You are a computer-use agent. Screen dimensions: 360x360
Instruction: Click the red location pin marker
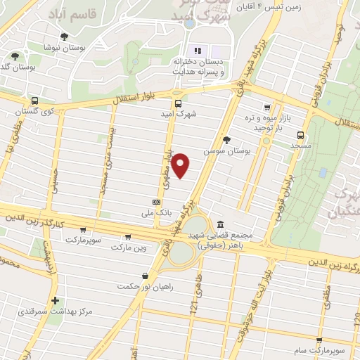[181, 165]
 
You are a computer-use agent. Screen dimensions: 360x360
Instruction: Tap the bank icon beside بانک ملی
[156, 202]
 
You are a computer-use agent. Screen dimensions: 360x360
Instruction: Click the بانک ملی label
[157, 212]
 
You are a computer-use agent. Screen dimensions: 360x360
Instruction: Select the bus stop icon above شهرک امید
[177, 102]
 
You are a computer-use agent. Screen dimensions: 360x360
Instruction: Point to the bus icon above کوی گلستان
[34, 101]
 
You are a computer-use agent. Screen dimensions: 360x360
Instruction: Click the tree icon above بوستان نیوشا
[65, 37]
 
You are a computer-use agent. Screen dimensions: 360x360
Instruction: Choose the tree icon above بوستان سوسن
[226, 140]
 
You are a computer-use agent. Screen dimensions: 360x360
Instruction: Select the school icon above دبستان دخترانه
[198, 51]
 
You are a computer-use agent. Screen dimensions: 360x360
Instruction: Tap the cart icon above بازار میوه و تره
[266, 108]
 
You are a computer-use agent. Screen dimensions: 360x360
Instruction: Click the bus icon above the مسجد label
[301, 135]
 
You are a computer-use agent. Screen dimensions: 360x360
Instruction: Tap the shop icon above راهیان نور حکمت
[145, 275]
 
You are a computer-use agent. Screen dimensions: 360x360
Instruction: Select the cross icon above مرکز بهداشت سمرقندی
[55, 300]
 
